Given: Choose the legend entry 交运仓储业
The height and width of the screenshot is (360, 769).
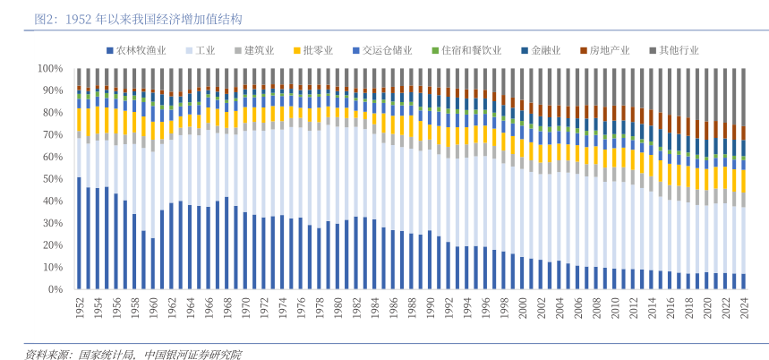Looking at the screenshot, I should tap(387, 51).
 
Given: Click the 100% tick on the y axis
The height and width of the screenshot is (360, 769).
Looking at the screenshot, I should tap(50, 69).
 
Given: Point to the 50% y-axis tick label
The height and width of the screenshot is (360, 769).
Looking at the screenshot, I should tap(53, 179).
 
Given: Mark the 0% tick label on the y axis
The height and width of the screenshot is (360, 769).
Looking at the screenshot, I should tap(56, 289).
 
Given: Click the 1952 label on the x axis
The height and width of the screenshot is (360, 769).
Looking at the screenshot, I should tap(79, 308).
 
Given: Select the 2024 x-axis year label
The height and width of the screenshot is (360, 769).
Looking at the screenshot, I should tap(742, 308).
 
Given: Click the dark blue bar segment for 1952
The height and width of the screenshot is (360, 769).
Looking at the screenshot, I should tap(79, 233).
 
